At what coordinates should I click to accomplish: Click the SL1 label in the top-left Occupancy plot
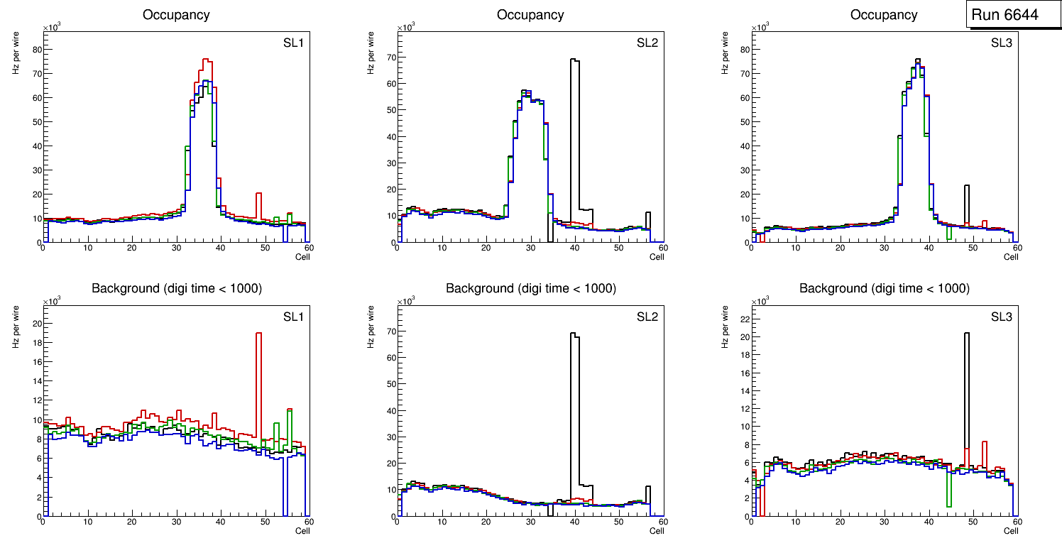pyautogui.click(x=293, y=43)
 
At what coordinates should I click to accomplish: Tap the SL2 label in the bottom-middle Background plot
pyautogui.click(x=647, y=317)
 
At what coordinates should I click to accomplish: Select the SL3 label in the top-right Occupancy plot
pyautogui.click(x=1001, y=43)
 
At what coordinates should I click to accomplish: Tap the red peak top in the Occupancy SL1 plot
pyautogui.click(x=206, y=61)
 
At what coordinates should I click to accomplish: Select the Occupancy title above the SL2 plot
pyautogui.click(x=530, y=14)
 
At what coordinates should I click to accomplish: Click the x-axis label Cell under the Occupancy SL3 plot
pyautogui.click(x=1011, y=257)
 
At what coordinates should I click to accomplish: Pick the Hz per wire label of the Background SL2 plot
pyautogui.click(x=371, y=327)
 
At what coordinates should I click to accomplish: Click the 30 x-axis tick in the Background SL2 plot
pyautogui.click(x=530, y=522)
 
